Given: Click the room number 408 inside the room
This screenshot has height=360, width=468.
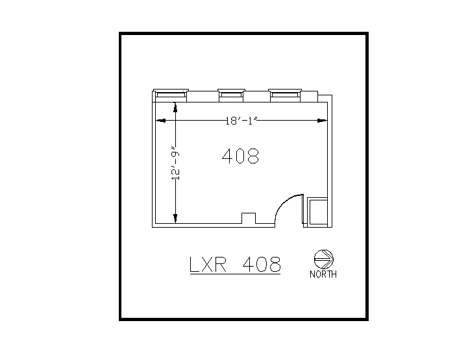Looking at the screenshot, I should click(x=240, y=156).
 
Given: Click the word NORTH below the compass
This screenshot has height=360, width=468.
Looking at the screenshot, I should click(x=323, y=274).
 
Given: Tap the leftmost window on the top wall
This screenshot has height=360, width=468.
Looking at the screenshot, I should click(x=171, y=95).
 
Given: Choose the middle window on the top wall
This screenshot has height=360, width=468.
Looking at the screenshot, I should click(x=230, y=95).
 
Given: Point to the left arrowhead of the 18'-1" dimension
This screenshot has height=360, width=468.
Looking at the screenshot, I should click(x=159, y=120).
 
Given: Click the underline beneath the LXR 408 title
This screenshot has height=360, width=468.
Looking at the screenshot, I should click(x=234, y=275).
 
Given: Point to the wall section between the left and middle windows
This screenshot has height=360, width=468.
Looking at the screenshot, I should click(x=203, y=97).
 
